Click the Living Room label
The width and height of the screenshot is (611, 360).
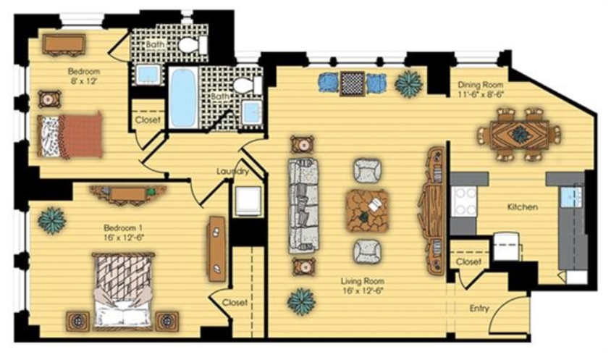click(x=363, y=281)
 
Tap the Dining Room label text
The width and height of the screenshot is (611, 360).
click(x=480, y=84)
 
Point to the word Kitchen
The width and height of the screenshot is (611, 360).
click(x=522, y=207)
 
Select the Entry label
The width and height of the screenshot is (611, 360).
click(x=479, y=308)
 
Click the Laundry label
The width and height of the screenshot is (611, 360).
click(x=232, y=171)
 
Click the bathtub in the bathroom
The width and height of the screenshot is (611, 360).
click(x=182, y=98)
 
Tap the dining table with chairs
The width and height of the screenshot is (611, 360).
click(x=519, y=135)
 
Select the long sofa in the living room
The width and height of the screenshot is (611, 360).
click(x=303, y=206)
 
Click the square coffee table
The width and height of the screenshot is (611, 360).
click(x=367, y=211)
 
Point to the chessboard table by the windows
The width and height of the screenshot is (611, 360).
click(x=353, y=83)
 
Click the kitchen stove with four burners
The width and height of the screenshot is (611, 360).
click(x=464, y=201)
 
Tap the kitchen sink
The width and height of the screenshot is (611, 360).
click(x=571, y=196)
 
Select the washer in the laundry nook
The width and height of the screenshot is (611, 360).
click(x=247, y=201)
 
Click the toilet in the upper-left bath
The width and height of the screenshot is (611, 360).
click(x=193, y=44)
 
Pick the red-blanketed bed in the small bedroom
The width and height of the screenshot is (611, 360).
click(x=70, y=135)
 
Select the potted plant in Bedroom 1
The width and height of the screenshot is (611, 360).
click(x=52, y=220)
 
